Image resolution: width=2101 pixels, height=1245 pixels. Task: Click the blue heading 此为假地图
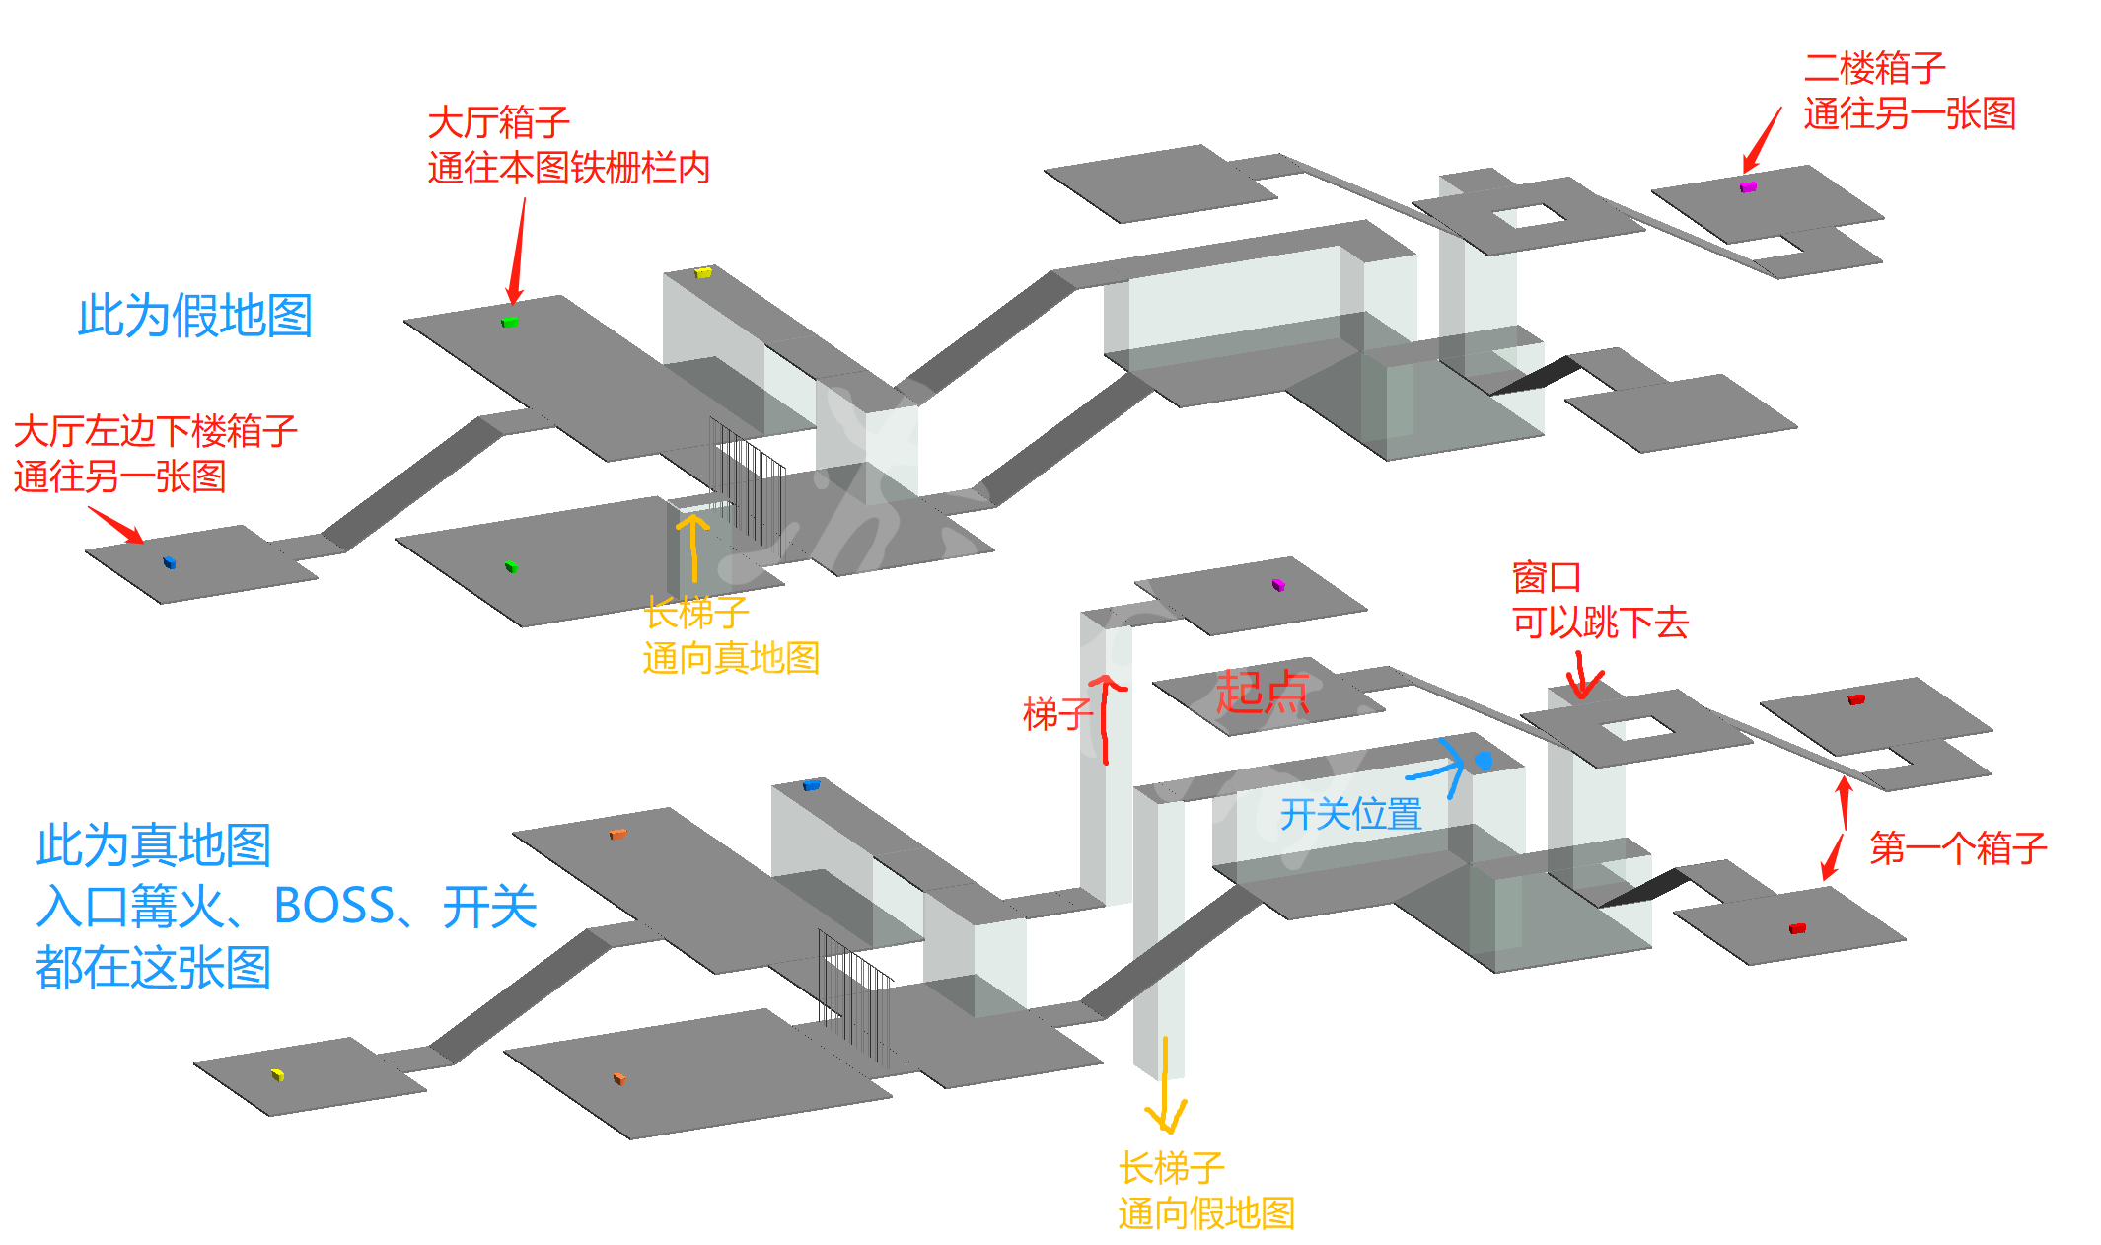[x=195, y=316]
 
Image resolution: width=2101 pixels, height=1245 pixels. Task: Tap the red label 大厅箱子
[x=498, y=123]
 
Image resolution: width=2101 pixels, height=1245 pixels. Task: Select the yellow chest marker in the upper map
[x=703, y=272]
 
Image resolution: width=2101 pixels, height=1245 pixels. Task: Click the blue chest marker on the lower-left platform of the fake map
[x=169, y=562]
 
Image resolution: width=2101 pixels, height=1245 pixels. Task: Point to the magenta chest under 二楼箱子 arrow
[x=1748, y=185]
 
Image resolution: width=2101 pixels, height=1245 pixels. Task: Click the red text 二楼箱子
[x=1874, y=69]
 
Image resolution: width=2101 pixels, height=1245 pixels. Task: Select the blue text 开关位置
[x=1350, y=814]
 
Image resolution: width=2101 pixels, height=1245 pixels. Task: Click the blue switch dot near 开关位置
[x=1484, y=761]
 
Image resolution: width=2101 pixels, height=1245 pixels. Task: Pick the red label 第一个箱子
[x=1958, y=848]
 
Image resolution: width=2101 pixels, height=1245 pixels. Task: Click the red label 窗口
[x=1546, y=577]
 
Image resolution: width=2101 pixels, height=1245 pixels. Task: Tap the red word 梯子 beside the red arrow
[x=1056, y=713]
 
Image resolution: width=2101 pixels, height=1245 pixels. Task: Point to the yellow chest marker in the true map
[x=277, y=1074]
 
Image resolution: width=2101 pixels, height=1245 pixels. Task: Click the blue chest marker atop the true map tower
[x=811, y=785]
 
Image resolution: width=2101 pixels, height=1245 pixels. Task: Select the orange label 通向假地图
[x=1205, y=1213]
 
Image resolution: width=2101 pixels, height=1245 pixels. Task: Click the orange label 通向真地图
[x=731, y=658]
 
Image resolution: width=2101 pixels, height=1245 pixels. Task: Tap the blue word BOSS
[x=334, y=906]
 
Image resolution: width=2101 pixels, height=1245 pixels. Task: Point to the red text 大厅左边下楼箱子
[x=155, y=432]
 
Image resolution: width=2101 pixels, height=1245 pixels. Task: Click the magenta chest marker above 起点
[x=1277, y=585]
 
